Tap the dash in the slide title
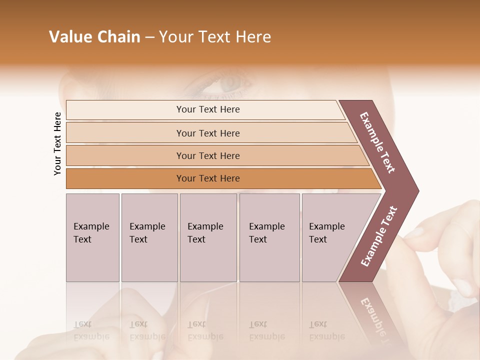149,37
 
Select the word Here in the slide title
253,37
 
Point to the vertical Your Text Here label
57,143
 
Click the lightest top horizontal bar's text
208,109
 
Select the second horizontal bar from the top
208,133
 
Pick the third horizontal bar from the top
208,155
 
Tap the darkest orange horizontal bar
208,178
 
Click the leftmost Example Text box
92,237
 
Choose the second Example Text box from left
149,237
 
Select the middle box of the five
208,237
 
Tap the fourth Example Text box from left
269,237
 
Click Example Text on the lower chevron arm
379,236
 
